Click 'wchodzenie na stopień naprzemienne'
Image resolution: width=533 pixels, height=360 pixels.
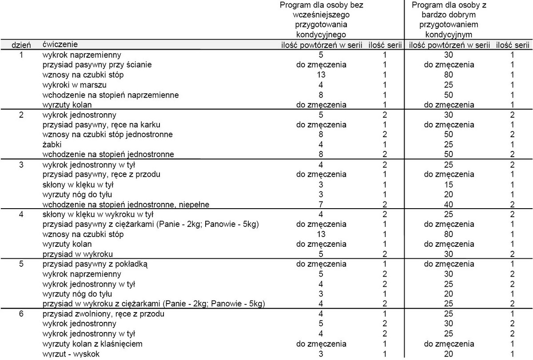pyautogui.click(x=111, y=95)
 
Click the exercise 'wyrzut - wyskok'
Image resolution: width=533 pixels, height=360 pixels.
pyautogui.click(x=71, y=354)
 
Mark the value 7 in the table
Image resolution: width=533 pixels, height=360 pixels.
pyautogui.click(x=321, y=204)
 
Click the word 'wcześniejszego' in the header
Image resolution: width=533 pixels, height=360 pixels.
pyautogui.click(x=321, y=15)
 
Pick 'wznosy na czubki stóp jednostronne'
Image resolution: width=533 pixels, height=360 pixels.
pyautogui.click(x=107, y=134)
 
